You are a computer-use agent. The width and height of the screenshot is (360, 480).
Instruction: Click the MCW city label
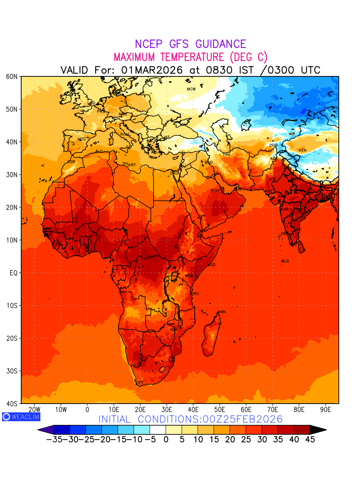point(191,89)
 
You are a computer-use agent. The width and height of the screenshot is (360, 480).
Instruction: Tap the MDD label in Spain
point(82,139)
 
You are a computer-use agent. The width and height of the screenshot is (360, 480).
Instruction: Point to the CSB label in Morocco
point(71,162)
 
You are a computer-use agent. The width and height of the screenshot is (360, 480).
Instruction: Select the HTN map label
point(302,150)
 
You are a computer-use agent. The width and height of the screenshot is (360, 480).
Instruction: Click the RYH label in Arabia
point(215,191)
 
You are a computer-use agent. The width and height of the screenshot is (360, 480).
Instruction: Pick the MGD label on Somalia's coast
point(212,265)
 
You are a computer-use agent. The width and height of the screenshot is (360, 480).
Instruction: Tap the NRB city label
point(189,276)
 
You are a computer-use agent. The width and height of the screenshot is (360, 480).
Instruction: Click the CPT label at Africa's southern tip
point(140,383)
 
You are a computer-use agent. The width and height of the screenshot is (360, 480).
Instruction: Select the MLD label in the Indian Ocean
point(285,261)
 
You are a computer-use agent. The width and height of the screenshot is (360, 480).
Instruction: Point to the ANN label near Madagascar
point(222,312)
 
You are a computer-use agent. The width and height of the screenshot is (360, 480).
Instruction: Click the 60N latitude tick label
point(12,76)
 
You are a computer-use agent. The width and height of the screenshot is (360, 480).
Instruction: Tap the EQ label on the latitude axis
point(13,273)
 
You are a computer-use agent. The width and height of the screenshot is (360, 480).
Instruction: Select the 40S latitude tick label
point(12,404)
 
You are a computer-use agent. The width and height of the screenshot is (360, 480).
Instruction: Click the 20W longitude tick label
point(35,410)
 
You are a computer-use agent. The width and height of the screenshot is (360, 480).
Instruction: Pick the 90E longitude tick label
point(326,410)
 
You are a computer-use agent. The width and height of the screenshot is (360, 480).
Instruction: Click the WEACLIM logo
point(21,416)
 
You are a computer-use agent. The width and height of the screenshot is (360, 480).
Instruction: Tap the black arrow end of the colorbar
point(318,430)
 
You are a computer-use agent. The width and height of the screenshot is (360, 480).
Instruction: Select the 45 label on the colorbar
point(310,440)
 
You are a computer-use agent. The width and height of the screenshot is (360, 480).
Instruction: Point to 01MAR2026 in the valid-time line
point(152,70)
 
